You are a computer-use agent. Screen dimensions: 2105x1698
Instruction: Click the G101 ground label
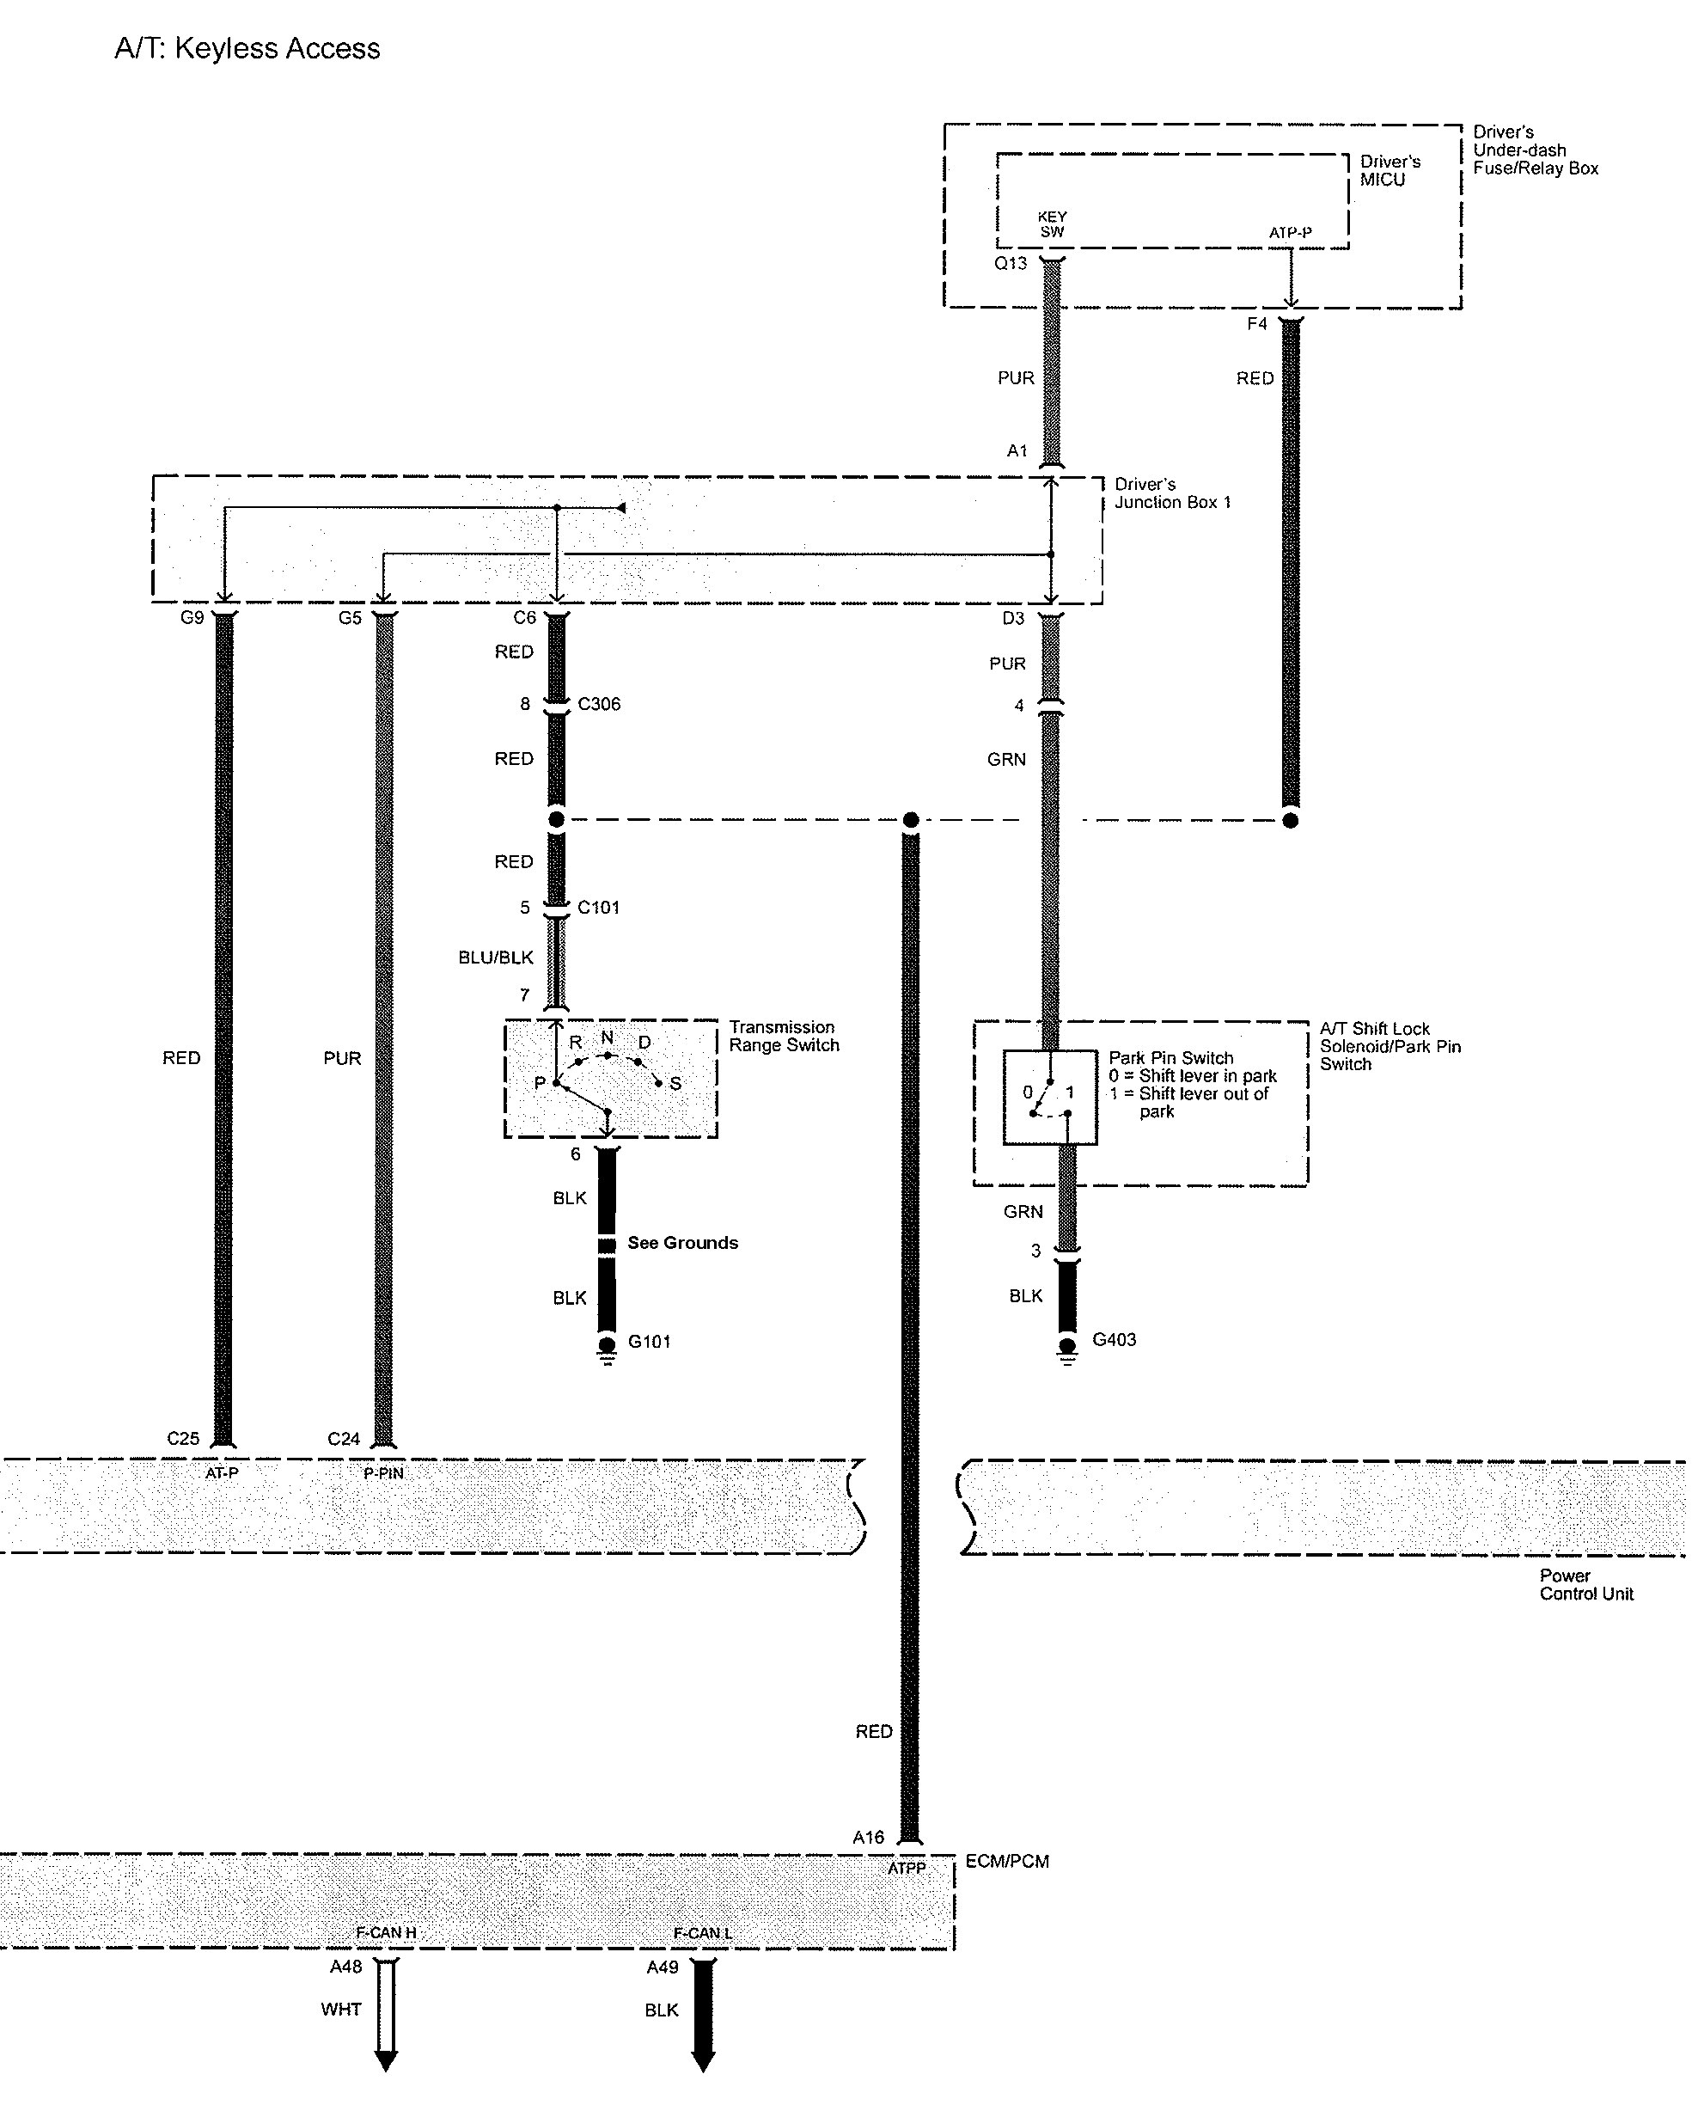point(649,1341)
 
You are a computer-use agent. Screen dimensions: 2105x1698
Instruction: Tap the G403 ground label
point(1113,1339)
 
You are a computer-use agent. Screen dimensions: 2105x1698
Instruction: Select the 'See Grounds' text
point(681,1242)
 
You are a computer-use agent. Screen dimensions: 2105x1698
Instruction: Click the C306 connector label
point(599,704)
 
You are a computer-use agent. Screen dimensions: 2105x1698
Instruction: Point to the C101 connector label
point(597,908)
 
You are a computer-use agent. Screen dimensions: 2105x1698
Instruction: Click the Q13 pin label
point(1011,263)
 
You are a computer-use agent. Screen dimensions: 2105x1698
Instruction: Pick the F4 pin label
point(1257,324)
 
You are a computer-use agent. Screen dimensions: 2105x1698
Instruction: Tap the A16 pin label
point(868,1837)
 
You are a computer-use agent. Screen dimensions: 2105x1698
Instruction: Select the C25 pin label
point(183,1439)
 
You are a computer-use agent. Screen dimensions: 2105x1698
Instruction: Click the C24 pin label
point(344,1439)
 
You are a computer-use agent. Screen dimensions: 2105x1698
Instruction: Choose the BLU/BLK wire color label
point(496,958)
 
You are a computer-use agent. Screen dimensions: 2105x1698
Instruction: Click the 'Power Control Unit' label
point(1585,1585)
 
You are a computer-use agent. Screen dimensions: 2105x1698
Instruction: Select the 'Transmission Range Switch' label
point(784,1036)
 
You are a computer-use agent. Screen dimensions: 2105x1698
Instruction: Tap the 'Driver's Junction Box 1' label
point(1172,493)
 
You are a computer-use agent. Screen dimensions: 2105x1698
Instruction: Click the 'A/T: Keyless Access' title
point(247,49)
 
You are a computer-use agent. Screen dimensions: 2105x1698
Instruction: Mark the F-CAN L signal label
point(702,1933)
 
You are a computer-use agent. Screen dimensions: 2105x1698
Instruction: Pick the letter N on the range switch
point(608,1037)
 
